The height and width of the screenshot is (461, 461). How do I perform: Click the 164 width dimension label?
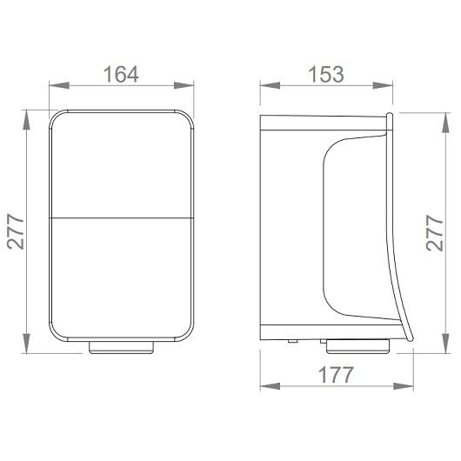(121, 74)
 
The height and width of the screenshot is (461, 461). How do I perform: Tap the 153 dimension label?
(326, 74)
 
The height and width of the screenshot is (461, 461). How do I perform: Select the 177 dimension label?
(336, 375)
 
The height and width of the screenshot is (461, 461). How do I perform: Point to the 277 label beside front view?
(16, 231)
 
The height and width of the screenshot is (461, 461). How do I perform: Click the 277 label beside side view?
(435, 233)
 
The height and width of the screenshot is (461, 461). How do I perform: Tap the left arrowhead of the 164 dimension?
(59, 85)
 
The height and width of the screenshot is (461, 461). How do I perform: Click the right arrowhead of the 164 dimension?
(184, 85)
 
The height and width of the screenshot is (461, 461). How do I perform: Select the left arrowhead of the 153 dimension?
(271, 85)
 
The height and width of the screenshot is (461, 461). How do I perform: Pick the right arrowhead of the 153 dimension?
(383, 85)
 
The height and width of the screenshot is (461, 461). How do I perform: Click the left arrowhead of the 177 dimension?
(271, 386)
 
